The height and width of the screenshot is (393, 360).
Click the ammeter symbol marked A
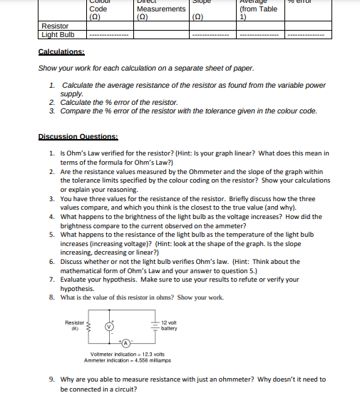pyautogui.click(x=125, y=344)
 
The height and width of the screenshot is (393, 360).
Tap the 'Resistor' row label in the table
pyautogui.click(x=56, y=26)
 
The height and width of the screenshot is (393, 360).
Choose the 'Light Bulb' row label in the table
pyautogui.click(x=58, y=34)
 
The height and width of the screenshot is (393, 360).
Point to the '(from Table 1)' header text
pyautogui.click(x=259, y=13)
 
